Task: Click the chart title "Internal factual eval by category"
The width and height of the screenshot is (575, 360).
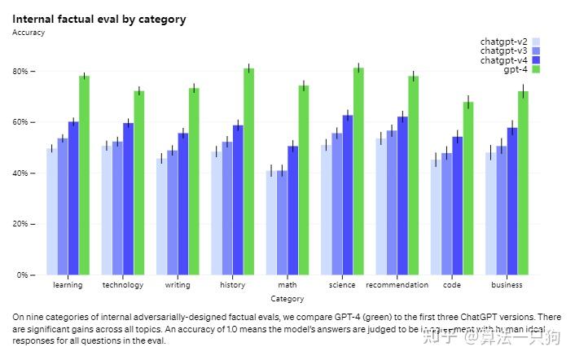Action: tap(99, 19)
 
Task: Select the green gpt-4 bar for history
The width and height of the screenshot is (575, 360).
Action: tap(248, 172)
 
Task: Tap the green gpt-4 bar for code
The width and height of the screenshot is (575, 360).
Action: tap(468, 188)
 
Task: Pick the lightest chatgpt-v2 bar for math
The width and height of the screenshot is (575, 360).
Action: tap(270, 222)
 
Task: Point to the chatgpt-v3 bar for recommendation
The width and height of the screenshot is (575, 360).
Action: tap(392, 202)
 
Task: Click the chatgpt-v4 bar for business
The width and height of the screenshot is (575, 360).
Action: tap(512, 201)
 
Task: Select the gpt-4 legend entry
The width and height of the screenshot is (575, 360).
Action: tap(515, 69)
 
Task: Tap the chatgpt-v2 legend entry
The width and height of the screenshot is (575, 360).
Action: tap(503, 42)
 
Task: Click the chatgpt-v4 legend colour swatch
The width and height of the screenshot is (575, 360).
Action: tap(535, 60)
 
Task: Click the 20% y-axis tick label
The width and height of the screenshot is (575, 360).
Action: tap(21, 224)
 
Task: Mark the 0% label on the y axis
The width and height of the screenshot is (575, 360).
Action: tap(24, 275)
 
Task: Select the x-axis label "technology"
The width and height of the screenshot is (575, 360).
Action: tap(123, 285)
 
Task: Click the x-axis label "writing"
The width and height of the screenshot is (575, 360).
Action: tap(178, 285)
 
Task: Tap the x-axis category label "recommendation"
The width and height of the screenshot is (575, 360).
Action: tap(397, 285)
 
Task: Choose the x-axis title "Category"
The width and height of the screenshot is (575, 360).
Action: tap(287, 300)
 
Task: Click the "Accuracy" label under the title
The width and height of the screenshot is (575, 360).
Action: tap(29, 33)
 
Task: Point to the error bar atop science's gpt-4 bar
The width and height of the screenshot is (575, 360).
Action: tap(358, 66)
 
